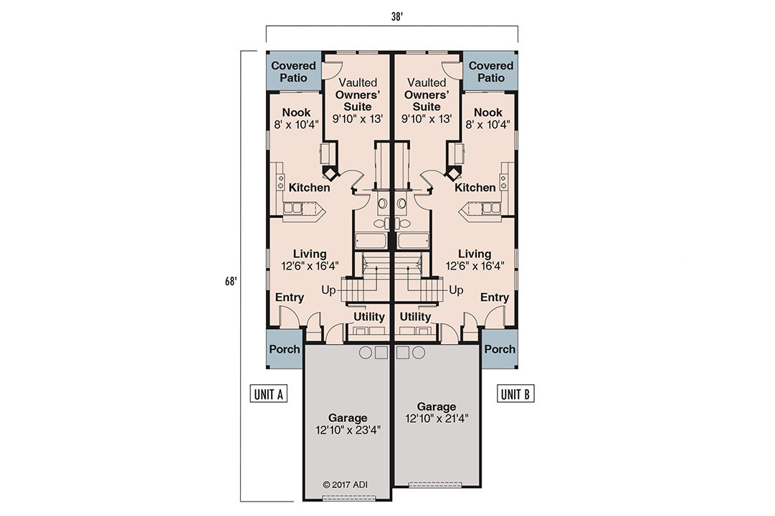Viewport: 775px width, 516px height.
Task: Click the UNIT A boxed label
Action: point(269,393)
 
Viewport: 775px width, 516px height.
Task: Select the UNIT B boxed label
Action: point(515,393)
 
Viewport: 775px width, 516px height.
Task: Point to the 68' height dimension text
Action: point(229,281)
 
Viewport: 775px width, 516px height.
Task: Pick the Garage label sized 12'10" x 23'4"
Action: point(348,424)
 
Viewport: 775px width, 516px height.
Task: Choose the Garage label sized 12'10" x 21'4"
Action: point(437,412)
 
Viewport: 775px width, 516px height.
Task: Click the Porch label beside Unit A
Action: point(285,349)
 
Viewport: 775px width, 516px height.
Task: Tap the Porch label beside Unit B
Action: point(499,349)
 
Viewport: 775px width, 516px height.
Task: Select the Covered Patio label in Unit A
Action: point(293,72)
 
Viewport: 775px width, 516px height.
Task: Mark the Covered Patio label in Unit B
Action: point(490,72)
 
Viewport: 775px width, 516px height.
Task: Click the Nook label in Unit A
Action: point(296,118)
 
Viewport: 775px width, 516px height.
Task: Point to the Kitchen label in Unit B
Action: point(475,188)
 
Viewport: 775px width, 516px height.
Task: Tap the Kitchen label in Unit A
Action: point(310,188)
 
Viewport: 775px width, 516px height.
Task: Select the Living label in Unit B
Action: point(475,259)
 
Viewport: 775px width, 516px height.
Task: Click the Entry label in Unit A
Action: point(290,297)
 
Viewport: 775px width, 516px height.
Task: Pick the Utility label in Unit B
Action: point(416,316)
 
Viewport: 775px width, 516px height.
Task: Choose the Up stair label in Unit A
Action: point(328,290)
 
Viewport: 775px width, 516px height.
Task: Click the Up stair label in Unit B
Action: point(456,290)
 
